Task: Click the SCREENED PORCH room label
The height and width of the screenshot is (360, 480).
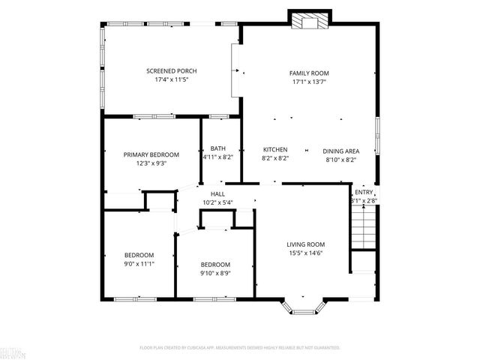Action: pyautogui.click(x=171, y=71)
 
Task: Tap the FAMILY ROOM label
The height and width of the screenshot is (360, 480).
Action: pyautogui.click(x=309, y=73)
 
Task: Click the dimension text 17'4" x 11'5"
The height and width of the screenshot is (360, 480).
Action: pyautogui.click(x=171, y=80)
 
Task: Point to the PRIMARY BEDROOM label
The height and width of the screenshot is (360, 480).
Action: pyautogui.click(x=151, y=154)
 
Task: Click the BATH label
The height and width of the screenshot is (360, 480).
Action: pyautogui.click(x=217, y=148)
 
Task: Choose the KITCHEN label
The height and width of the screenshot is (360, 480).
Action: pyautogui.click(x=275, y=150)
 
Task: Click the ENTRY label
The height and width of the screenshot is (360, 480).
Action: pyautogui.click(x=364, y=193)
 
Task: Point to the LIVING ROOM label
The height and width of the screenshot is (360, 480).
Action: pyautogui.click(x=305, y=244)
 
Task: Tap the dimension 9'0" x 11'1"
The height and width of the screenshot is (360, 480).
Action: pyautogui.click(x=139, y=263)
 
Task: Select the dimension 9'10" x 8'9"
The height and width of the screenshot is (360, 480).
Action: pyautogui.click(x=214, y=273)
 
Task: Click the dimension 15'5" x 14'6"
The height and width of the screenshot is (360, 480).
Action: pyautogui.click(x=305, y=253)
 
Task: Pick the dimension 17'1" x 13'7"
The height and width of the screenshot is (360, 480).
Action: pyautogui.click(x=309, y=82)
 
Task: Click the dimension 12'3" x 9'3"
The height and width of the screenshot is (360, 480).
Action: pyautogui.click(x=151, y=163)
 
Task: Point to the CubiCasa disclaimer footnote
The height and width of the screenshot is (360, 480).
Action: pyautogui.click(x=240, y=348)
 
